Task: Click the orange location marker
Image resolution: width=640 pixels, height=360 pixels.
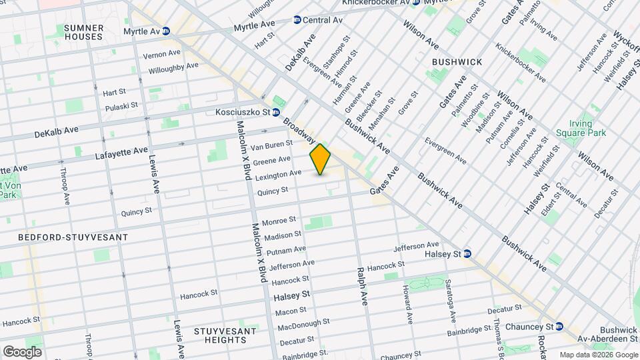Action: [321, 160]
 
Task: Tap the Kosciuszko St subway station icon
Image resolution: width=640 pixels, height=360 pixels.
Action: [275, 113]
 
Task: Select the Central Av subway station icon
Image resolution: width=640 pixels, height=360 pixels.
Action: [297, 20]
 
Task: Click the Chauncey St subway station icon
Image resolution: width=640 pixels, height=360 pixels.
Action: [559, 327]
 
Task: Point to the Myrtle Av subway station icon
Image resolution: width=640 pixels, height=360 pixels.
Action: [165, 31]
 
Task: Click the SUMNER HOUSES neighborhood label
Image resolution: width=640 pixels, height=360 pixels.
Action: [84, 32]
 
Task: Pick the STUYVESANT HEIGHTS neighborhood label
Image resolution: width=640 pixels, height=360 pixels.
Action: [221, 335]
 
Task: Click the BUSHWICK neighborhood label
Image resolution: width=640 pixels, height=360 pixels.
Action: [457, 61]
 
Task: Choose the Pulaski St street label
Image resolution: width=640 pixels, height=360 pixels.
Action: [121, 106]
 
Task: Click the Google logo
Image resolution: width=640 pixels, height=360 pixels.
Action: [22, 351]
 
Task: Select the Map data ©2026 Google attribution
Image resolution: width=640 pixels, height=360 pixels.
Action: [598, 355]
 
